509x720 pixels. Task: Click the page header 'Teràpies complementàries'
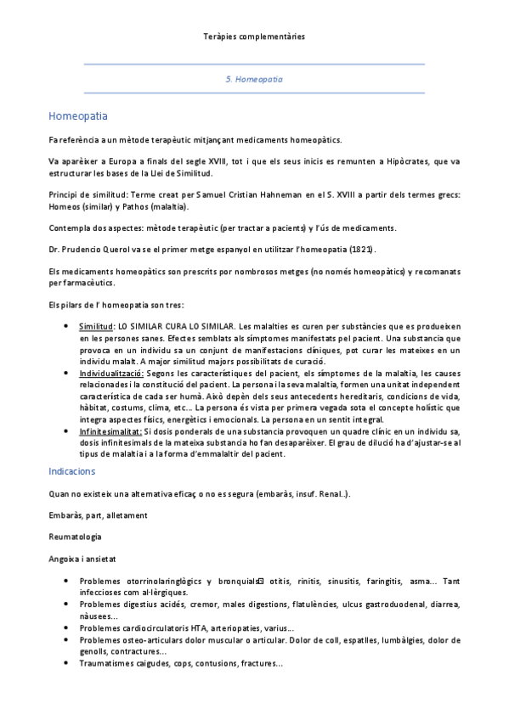point(254,37)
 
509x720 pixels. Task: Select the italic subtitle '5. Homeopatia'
point(254,79)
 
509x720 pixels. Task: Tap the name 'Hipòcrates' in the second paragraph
point(404,160)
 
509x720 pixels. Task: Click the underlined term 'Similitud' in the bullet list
point(96,326)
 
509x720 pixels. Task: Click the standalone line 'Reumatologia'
point(76,537)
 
